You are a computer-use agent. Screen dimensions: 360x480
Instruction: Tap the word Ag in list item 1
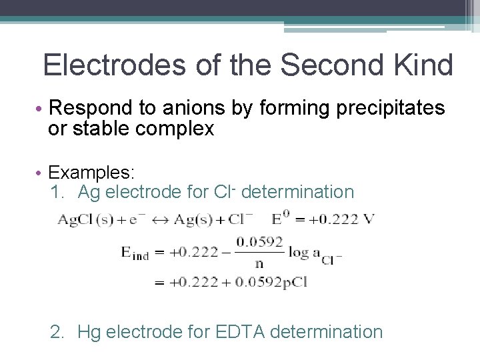(x=89, y=193)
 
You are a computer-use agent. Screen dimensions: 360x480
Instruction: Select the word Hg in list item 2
(x=89, y=331)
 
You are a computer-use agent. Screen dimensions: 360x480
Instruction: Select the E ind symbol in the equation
(x=135, y=253)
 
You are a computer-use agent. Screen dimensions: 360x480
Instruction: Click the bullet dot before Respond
(x=41, y=109)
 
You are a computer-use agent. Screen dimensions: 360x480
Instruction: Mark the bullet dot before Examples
(x=41, y=173)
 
